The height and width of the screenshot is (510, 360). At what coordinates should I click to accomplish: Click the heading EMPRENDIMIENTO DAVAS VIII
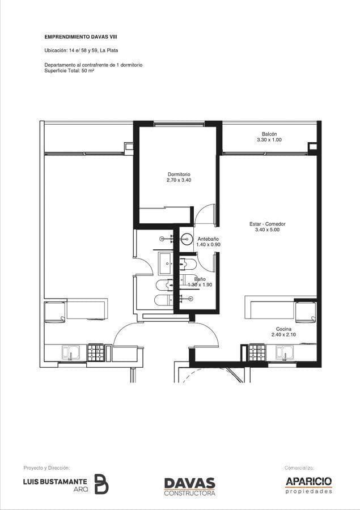click(x=81, y=37)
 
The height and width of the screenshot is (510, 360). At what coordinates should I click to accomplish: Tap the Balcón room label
click(x=269, y=134)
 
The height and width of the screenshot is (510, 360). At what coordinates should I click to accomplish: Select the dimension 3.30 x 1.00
click(x=269, y=139)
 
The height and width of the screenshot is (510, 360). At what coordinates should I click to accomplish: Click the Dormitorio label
click(x=179, y=175)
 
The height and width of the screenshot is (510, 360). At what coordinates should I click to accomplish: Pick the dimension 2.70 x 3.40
click(x=179, y=180)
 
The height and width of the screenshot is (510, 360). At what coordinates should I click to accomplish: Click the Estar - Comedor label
click(x=267, y=224)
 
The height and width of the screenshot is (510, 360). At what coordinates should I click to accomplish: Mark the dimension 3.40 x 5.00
click(x=267, y=229)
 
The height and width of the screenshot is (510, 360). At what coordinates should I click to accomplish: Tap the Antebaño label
click(x=208, y=239)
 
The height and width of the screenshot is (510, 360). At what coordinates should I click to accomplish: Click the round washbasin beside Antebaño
click(x=187, y=239)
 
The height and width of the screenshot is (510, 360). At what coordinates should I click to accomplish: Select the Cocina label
click(x=283, y=329)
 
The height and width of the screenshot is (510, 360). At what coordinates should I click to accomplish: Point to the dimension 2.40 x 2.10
click(x=283, y=334)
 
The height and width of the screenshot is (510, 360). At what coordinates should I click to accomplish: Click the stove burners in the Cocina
click(x=258, y=352)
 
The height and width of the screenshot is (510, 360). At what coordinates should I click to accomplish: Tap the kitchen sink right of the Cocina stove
click(x=285, y=352)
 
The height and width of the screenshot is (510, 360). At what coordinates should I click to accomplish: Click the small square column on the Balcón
click(x=312, y=146)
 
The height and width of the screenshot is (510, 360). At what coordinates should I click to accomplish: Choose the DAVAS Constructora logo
click(x=189, y=487)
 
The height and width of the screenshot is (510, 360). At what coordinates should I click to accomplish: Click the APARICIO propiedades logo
click(x=308, y=485)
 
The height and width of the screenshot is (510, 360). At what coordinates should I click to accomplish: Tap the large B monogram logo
click(x=101, y=484)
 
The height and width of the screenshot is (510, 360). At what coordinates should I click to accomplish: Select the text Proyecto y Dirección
click(x=46, y=467)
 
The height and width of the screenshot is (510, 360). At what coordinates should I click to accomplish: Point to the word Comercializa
click(x=299, y=468)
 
